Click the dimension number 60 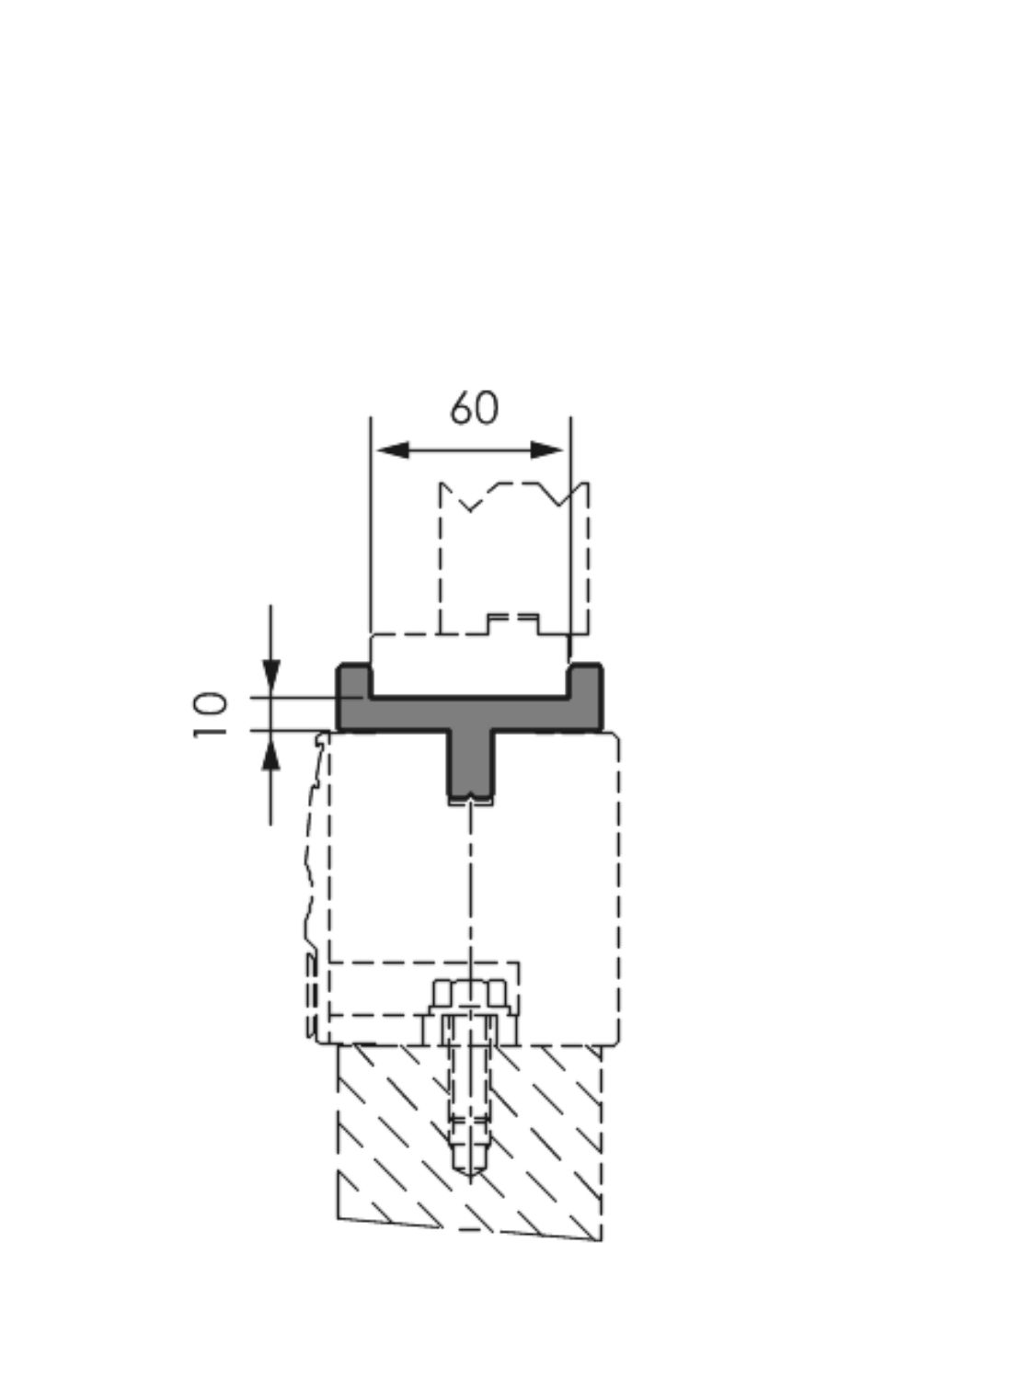pos(475,408)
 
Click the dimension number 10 pos(211,715)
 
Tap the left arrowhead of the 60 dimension pos(394,450)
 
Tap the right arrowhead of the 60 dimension pos(546,450)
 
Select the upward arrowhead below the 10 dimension pos(270,753)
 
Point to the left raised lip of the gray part pos(354,679)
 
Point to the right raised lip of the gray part pos(586,679)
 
